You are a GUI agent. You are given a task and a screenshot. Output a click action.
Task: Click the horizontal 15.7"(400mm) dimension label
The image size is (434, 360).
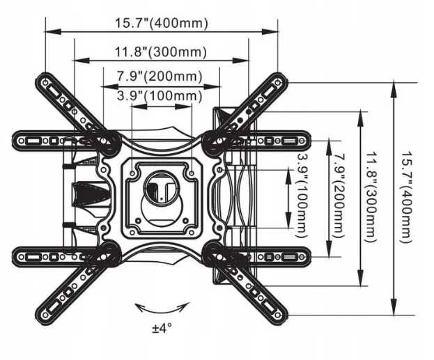point(161,23)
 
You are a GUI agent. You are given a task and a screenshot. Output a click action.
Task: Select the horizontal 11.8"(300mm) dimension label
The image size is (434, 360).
point(161,52)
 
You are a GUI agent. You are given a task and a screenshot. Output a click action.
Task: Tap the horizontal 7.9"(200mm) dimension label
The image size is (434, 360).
point(161,76)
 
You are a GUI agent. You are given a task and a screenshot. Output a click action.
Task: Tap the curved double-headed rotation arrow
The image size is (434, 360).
point(162,306)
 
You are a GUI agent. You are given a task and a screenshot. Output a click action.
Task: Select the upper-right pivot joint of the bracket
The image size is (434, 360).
point(213,140)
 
